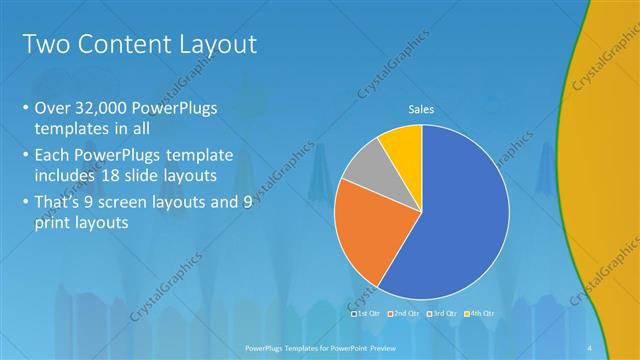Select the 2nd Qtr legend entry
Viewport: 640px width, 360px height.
click(405, 313)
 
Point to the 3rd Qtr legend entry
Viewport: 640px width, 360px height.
click(443, 313)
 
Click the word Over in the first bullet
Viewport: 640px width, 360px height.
click(52, 108)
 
